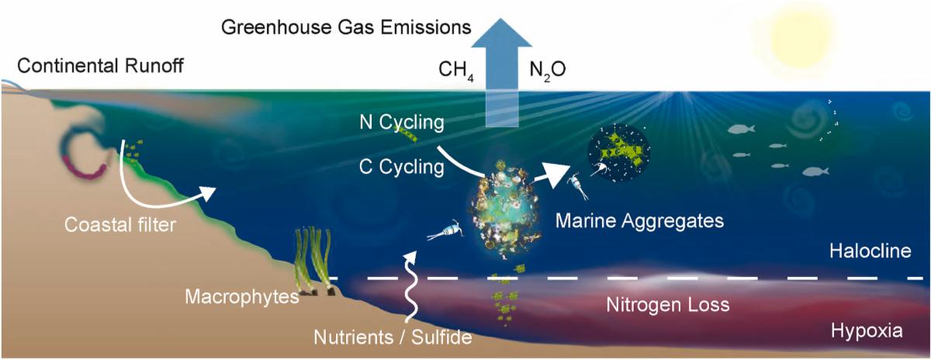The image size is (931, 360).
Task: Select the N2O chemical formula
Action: point(548,71)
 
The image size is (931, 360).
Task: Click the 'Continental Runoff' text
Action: point(100,65)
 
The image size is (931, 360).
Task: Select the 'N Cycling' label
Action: point(402,123)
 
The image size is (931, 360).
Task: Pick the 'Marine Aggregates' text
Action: point(639,221)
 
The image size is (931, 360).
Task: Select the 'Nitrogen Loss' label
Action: point(667,305)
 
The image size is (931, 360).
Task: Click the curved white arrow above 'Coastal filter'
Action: point(155,186)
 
